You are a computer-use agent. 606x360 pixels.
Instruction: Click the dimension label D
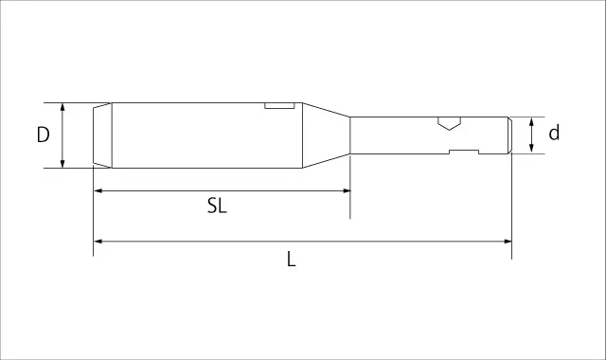(44, 135)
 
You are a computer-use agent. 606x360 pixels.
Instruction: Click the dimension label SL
(217, 206)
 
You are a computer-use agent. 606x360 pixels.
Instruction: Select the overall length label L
(292, 259)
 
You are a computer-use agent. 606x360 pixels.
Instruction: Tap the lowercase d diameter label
(554, 133)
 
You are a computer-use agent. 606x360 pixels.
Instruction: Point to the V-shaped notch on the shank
(449, 123)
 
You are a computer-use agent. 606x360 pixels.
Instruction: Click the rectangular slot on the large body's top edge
(280, 105)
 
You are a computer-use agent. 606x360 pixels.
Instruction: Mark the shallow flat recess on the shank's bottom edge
(464, 152)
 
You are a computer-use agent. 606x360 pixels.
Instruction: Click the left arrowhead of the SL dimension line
(98, 190)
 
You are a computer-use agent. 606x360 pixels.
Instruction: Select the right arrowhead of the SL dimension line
(347, 190)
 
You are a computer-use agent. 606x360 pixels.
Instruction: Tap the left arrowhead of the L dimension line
(98, 242)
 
